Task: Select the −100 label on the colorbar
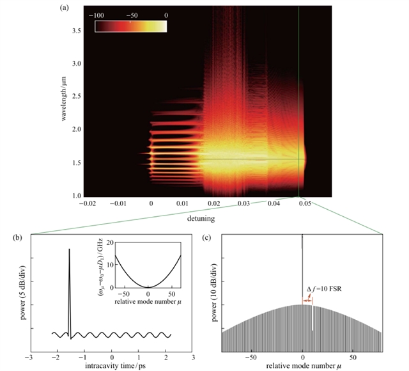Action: pyautogui.click(x=104, y=13)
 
